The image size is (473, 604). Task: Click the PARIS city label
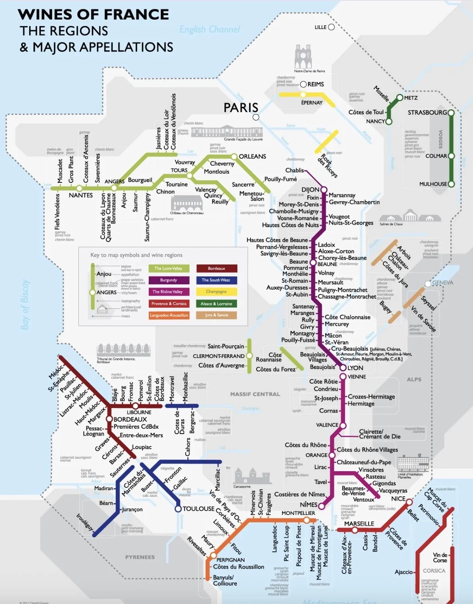[241, 108]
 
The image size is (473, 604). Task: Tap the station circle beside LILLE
[331, 27]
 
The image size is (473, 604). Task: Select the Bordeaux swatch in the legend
[216, 268]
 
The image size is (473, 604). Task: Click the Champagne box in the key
[216, 292]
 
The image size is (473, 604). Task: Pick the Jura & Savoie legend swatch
[216, 315]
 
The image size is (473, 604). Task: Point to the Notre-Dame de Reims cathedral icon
[303, 56]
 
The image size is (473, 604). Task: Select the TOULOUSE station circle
[178, 509]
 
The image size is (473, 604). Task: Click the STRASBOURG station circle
[451, 113]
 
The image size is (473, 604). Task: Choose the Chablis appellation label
[295, 170]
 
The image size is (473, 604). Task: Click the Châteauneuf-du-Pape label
[364, 462]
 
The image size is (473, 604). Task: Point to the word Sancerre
[243, 184]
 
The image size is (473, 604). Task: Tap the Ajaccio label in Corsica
[403, 572]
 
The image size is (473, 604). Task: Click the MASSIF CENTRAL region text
[255, 394]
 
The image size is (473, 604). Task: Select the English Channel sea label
[210, 30]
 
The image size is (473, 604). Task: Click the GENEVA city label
[443, 282]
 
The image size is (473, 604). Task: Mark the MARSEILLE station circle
[355, 530]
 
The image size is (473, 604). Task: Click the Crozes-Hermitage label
[371, 396]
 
